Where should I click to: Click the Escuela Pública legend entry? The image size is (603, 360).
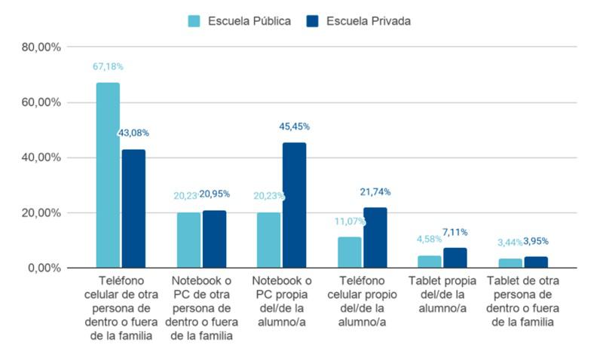tap(240, 21)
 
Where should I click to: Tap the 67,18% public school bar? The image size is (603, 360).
tap(108, 175)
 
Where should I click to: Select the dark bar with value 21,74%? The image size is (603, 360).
tap(375, 238)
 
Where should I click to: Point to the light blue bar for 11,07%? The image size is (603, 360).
tap(349, 252)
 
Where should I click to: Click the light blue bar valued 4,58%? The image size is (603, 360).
tap(430, 262)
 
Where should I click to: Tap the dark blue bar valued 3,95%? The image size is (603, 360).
tap(536, 262)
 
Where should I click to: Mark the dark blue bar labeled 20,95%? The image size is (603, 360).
tap(214, 239)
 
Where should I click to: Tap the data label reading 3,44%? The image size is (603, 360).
tap(510, 242)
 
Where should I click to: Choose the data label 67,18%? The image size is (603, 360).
tap(108, 66)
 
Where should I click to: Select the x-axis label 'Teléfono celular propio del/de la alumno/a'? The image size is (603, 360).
tap(362, 301)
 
